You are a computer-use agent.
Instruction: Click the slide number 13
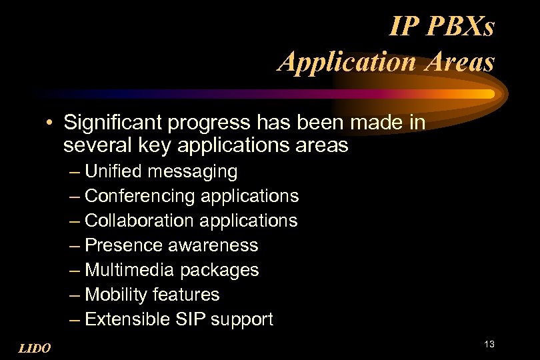489,344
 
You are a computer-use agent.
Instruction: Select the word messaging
192,173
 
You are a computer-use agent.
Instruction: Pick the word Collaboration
137,220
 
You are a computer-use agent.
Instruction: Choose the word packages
219,271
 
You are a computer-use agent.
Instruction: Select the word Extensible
128,319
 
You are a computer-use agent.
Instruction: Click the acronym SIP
191,319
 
